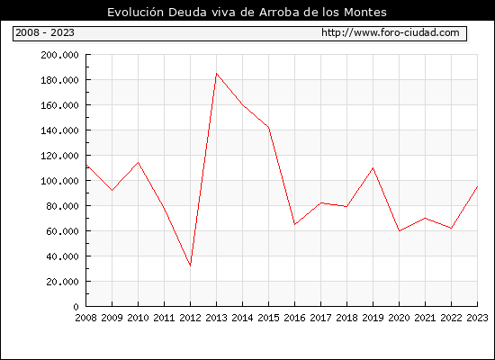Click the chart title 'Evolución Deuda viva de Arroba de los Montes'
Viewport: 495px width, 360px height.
tap(247, 12)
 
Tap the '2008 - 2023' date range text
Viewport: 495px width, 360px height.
tap(45, 32)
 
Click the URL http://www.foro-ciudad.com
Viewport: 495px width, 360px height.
tap(391, 32)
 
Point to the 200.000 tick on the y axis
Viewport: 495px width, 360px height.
tap(59, 55)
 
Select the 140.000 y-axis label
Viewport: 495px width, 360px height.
tap(59, 130)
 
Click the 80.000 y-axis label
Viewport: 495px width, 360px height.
tap(62, 206)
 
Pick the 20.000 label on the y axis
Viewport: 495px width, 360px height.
tap(62, 282)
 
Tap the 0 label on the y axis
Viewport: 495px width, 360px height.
tap(76, 307)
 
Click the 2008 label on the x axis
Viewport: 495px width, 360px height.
tap(85, 318)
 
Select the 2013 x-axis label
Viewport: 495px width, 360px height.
tap(216, 318)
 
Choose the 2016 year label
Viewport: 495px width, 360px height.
tap(294, 318)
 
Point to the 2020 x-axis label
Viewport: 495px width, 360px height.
tap(399, 318)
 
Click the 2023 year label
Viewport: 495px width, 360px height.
tap(477, 318)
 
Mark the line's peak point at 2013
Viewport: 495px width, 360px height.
tap(216, 74)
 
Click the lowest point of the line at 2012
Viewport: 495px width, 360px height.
tap(191, 265)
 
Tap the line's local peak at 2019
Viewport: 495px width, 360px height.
tap(373, 167)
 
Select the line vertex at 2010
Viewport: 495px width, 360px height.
tap(138, 162)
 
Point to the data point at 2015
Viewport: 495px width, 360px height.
tap(269, 127)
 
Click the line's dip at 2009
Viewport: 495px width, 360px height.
tap(112, 191)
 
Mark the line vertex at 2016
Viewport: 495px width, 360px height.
tap(294, 224)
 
